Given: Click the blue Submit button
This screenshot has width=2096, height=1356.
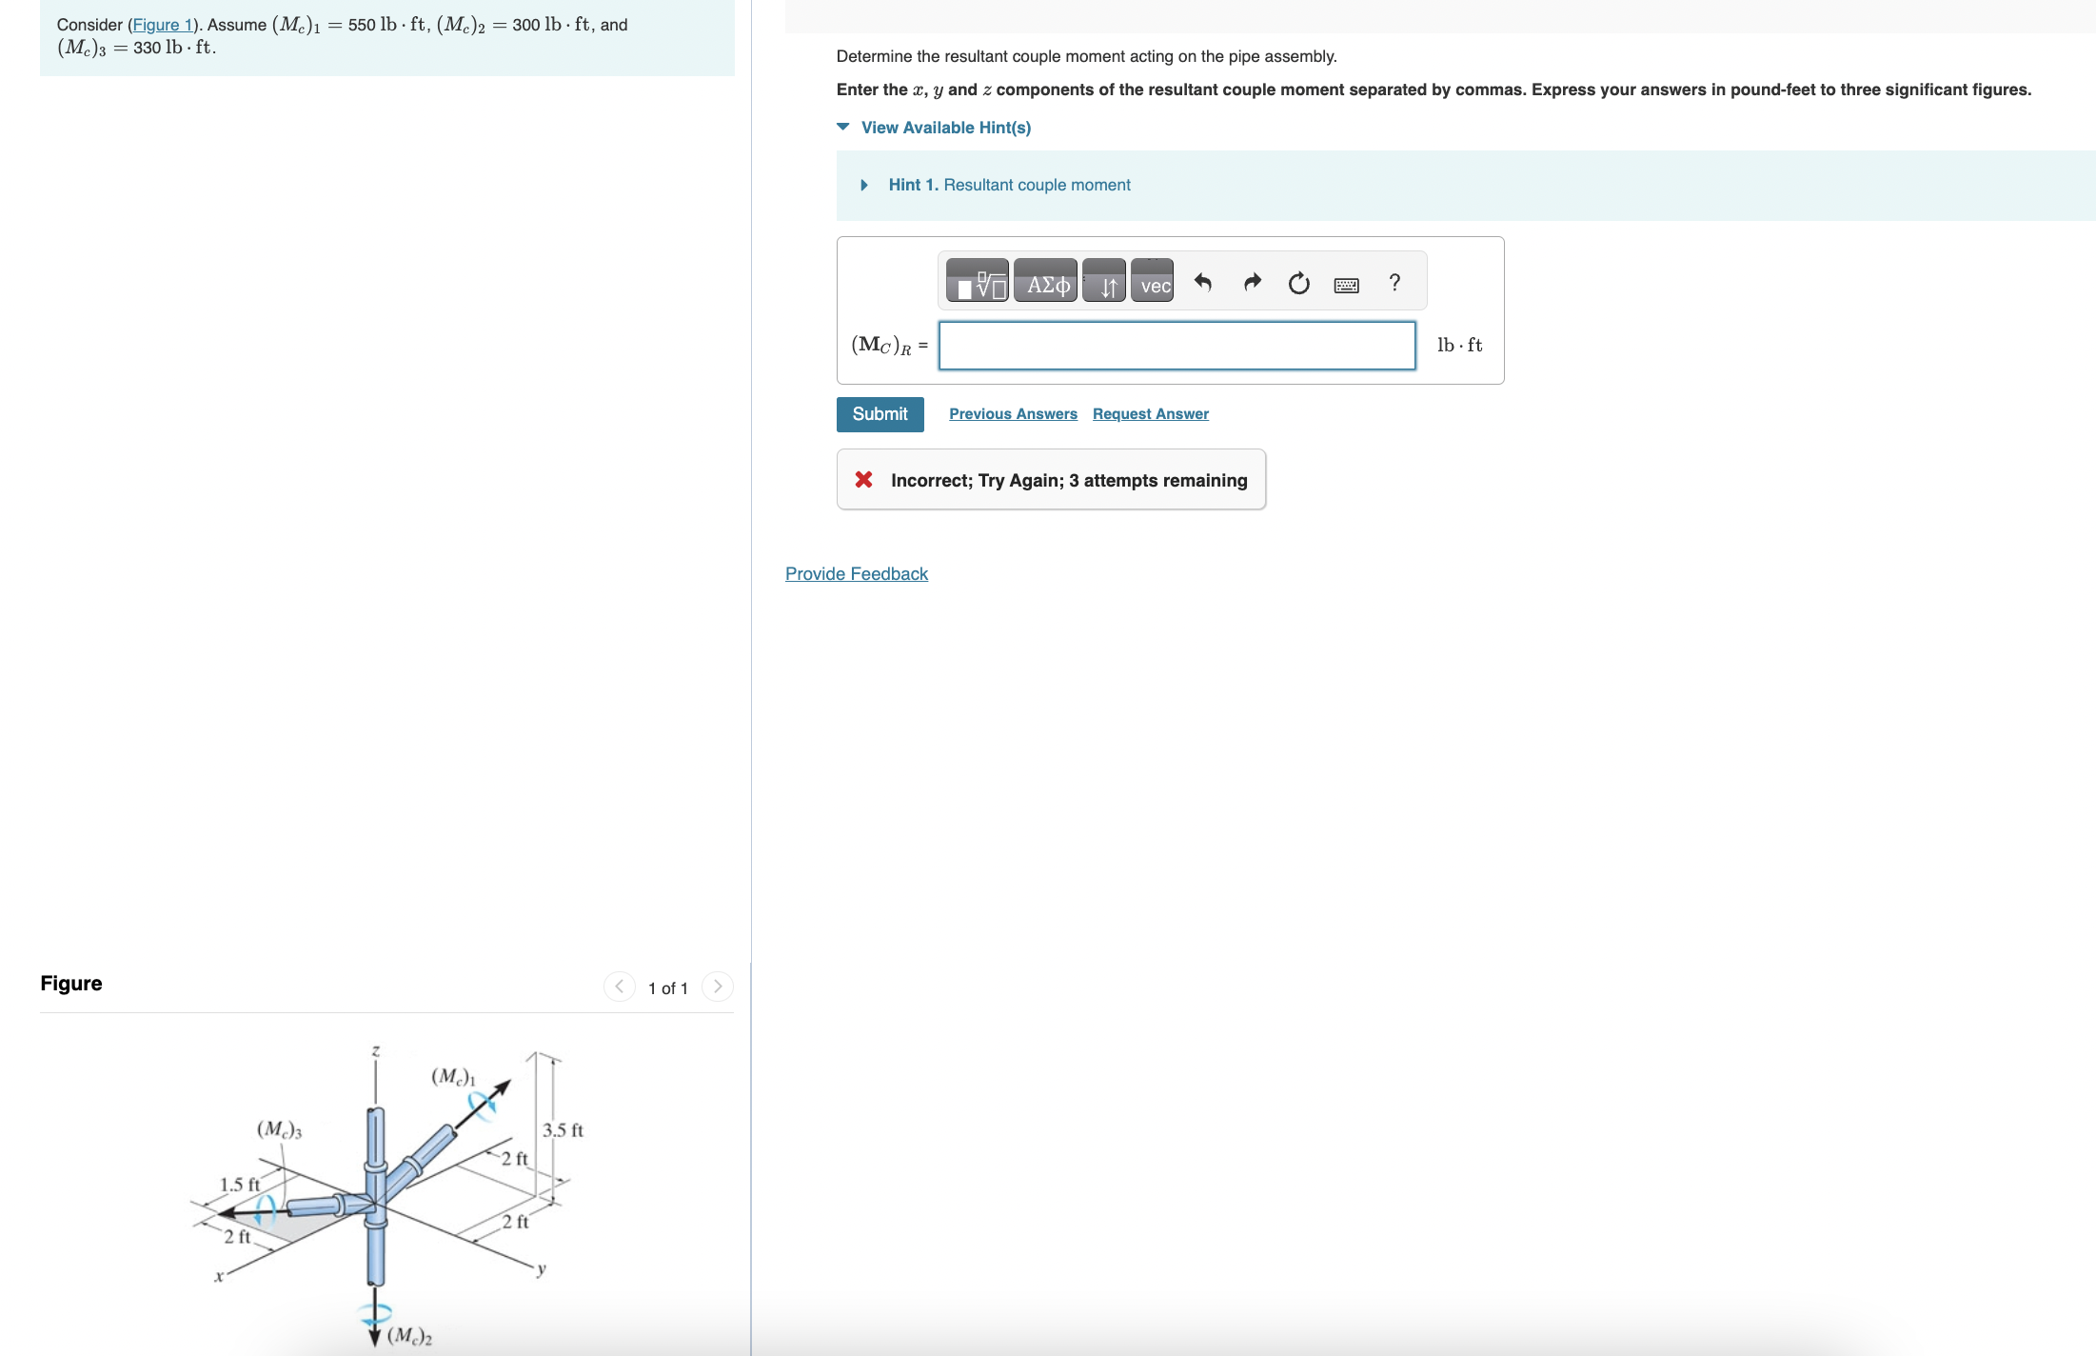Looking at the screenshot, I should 880,414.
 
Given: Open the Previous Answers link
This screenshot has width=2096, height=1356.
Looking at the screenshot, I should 1013,414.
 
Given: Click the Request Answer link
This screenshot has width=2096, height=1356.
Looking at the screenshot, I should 1150,414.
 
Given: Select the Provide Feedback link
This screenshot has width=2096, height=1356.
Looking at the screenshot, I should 856,574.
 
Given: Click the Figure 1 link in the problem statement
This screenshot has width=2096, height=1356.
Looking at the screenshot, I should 162,25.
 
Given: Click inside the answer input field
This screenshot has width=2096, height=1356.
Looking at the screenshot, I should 1177,346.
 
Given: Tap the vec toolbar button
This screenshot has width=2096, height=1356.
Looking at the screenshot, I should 1153,284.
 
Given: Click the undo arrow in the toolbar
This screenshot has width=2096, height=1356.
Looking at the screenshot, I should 1203,284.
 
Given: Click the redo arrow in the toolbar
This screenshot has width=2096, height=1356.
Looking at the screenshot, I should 1252,284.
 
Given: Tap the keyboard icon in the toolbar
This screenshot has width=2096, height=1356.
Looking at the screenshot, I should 1346,285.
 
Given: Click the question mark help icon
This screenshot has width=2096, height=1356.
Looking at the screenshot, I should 1394,283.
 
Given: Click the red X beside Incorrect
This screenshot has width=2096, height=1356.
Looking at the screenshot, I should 863,480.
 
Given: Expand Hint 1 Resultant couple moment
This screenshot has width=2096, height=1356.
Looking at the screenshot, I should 1009,185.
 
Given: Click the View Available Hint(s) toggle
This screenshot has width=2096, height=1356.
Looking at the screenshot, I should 945,128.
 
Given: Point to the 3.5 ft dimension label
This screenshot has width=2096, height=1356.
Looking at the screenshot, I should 563,1130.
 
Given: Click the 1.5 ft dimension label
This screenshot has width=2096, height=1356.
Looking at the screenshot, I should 240,1185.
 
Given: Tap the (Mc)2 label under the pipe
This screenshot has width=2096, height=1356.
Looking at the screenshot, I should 409,1335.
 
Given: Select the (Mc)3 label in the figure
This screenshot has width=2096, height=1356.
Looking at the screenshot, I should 279,1129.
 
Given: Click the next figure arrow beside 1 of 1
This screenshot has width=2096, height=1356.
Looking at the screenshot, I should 718,987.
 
